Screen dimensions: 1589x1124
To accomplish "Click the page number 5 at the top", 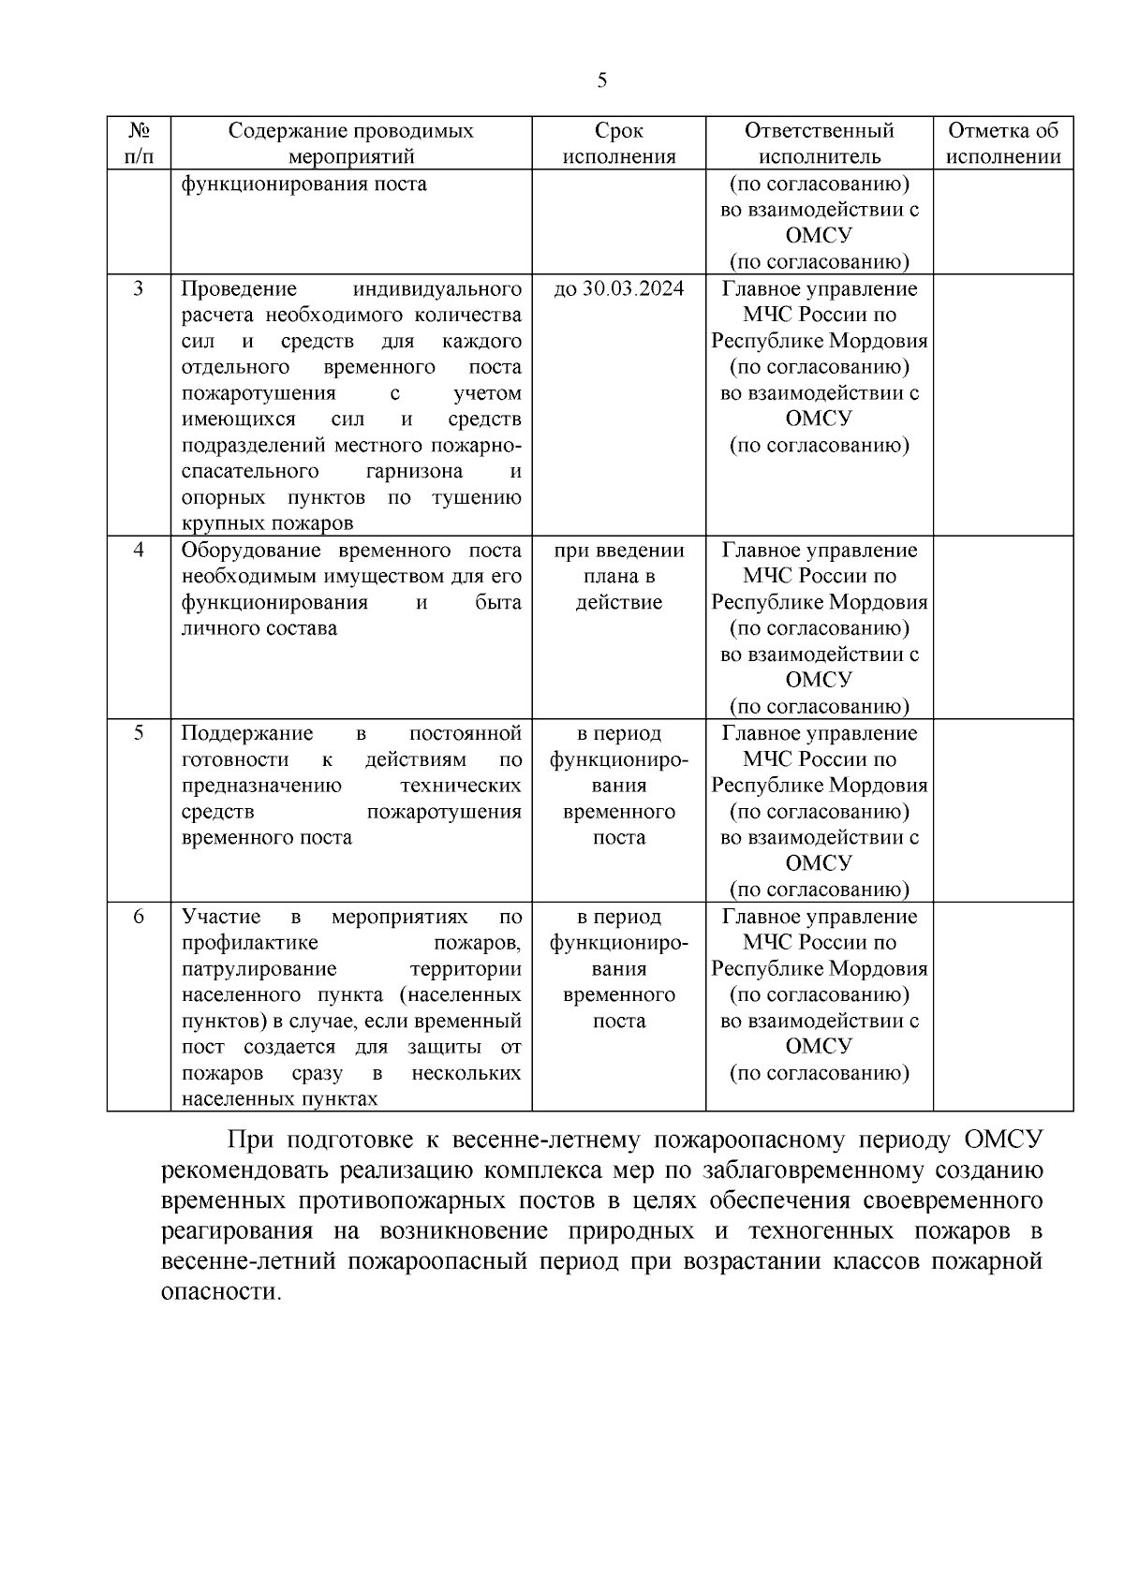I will (x=601, y=81).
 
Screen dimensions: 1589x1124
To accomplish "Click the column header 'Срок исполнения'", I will (x=619, y=143).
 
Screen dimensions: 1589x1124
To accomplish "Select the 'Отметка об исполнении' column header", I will (x=1003, y=143).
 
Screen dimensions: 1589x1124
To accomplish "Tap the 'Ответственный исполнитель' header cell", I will (x=820, y=143).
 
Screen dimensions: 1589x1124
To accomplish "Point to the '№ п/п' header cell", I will (x=139, y=143).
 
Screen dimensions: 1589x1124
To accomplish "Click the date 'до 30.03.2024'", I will (x=619, y=288).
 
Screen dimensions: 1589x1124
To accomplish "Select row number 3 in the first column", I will (x=139, y=288).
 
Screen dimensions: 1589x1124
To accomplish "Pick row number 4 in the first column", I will (x=139, y=550).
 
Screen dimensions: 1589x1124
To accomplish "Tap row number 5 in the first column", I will (x=139, y=733).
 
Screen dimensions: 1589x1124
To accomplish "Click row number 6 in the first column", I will (x=139, y=917).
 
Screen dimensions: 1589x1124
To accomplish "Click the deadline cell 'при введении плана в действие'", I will (x=619, y=576).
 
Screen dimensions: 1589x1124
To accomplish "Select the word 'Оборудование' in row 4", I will (x=239, y=550).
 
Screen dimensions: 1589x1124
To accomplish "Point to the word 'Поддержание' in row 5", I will (x=247, y=733).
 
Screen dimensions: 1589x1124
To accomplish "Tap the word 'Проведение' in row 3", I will (x=239, y=288).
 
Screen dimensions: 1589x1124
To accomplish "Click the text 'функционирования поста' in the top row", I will (x=303, y=184).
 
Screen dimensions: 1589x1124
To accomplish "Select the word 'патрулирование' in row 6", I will (x=259, y=969).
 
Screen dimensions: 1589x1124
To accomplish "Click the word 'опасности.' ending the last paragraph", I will (x=221, y=1292).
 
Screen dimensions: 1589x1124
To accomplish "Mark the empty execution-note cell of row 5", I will (x=1003, y=810).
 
